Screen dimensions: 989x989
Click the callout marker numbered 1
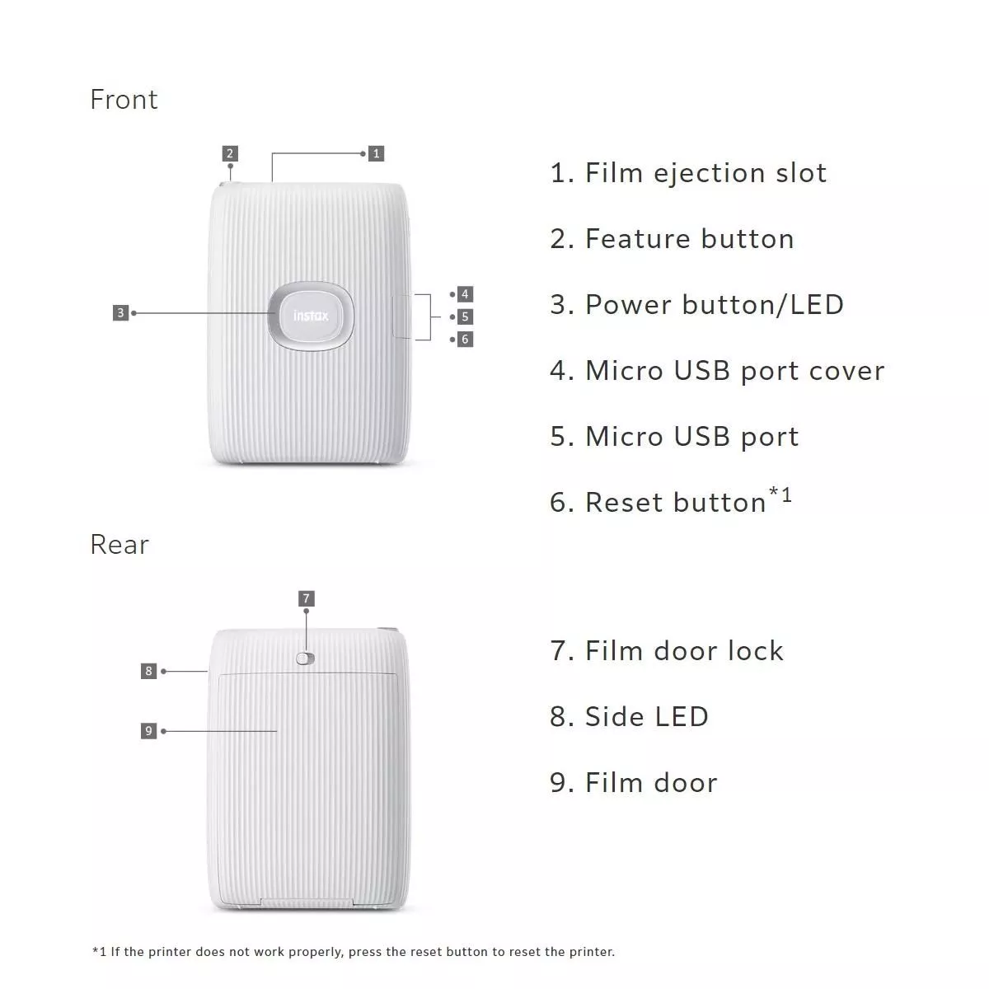(x=376, y=153)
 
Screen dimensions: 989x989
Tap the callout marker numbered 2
(x=230, y=153)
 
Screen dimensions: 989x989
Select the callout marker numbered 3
(x=120, y=312)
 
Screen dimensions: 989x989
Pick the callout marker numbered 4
(x=465, y=294)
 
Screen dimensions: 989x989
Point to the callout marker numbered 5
(x=465, y=316)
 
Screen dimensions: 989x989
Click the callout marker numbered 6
(x=465, y=340)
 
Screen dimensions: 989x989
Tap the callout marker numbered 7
(x=307, y=598)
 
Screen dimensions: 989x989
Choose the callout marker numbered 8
(x=149, y=671)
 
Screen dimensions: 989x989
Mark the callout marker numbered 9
(x=149, y=731)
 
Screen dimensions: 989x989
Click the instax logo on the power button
(x=311, y=316)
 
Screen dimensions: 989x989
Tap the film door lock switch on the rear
(x=306, y=659)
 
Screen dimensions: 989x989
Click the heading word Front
(x=124, y=100)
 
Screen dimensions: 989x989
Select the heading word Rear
(x=120, y=545)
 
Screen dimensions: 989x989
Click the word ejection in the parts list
(x=710, y=173)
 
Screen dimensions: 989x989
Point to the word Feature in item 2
(x=638, y=239)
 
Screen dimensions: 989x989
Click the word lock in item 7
(x=757, y=651)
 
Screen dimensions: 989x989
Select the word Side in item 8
(x=614, y=716)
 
